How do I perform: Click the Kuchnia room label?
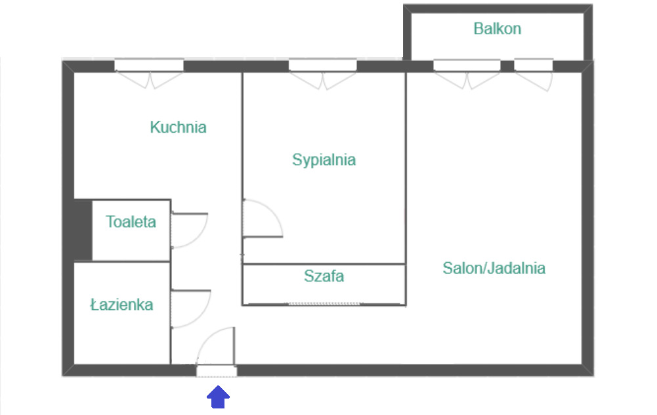click(178, 127)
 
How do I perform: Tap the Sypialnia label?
click(324, 160)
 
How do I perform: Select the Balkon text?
click(498, 29)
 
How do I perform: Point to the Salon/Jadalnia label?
click(494, 269)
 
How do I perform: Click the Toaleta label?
click(131, 222)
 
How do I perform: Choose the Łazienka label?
click(121, 304)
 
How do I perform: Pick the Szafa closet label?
click(324, 276)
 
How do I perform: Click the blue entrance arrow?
click(219, 397)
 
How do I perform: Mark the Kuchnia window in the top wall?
click(149, 66)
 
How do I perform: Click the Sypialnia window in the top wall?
click(323, 66)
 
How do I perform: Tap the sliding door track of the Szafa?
click(324, 303)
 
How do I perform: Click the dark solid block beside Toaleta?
click(83, 230)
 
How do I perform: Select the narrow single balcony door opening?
click(534, 66)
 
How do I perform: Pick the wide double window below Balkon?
click(467, 66)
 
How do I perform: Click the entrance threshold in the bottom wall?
click(217, 371)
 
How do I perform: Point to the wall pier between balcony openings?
click(507, 66)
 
